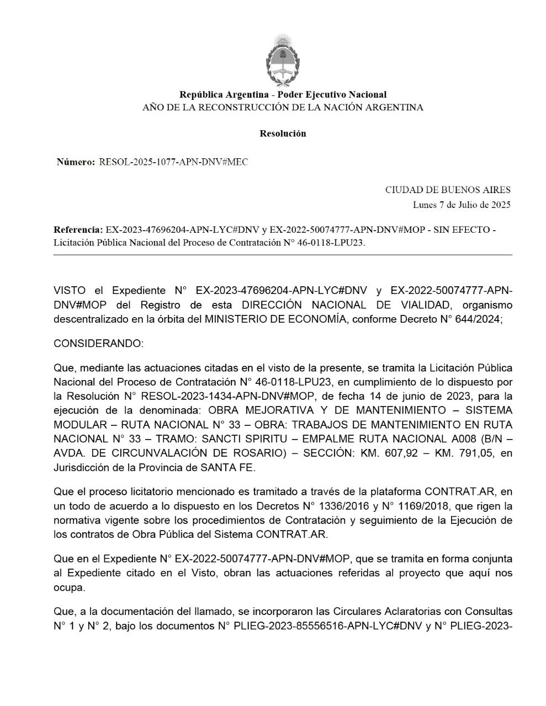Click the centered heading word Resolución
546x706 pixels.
pyautogui.click(x=283, y=133)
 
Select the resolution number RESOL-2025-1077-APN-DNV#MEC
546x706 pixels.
pyautogui.click(x=173, y=162)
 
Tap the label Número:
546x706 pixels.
pyautogui.click(x=76, y=162)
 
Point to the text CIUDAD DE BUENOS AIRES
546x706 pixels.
pyautogui.click(x=448, y=190)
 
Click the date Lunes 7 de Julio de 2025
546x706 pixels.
pyautogui.click(x=462, y=205)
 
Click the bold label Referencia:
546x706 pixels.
pyautogui.click(x=78, y=229)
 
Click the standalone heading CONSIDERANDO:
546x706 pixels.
pyautogui.click(x=98, y=344)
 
